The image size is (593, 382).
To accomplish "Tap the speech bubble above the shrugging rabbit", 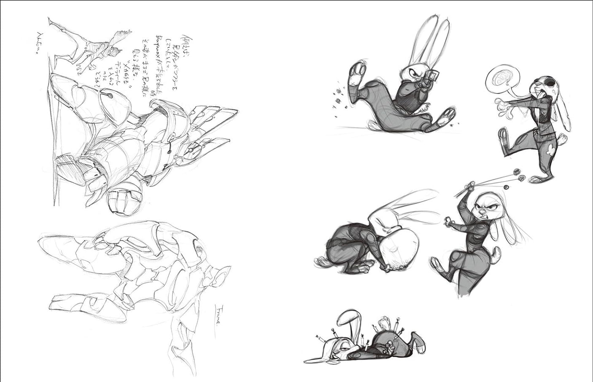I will (x=501, y=79).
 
